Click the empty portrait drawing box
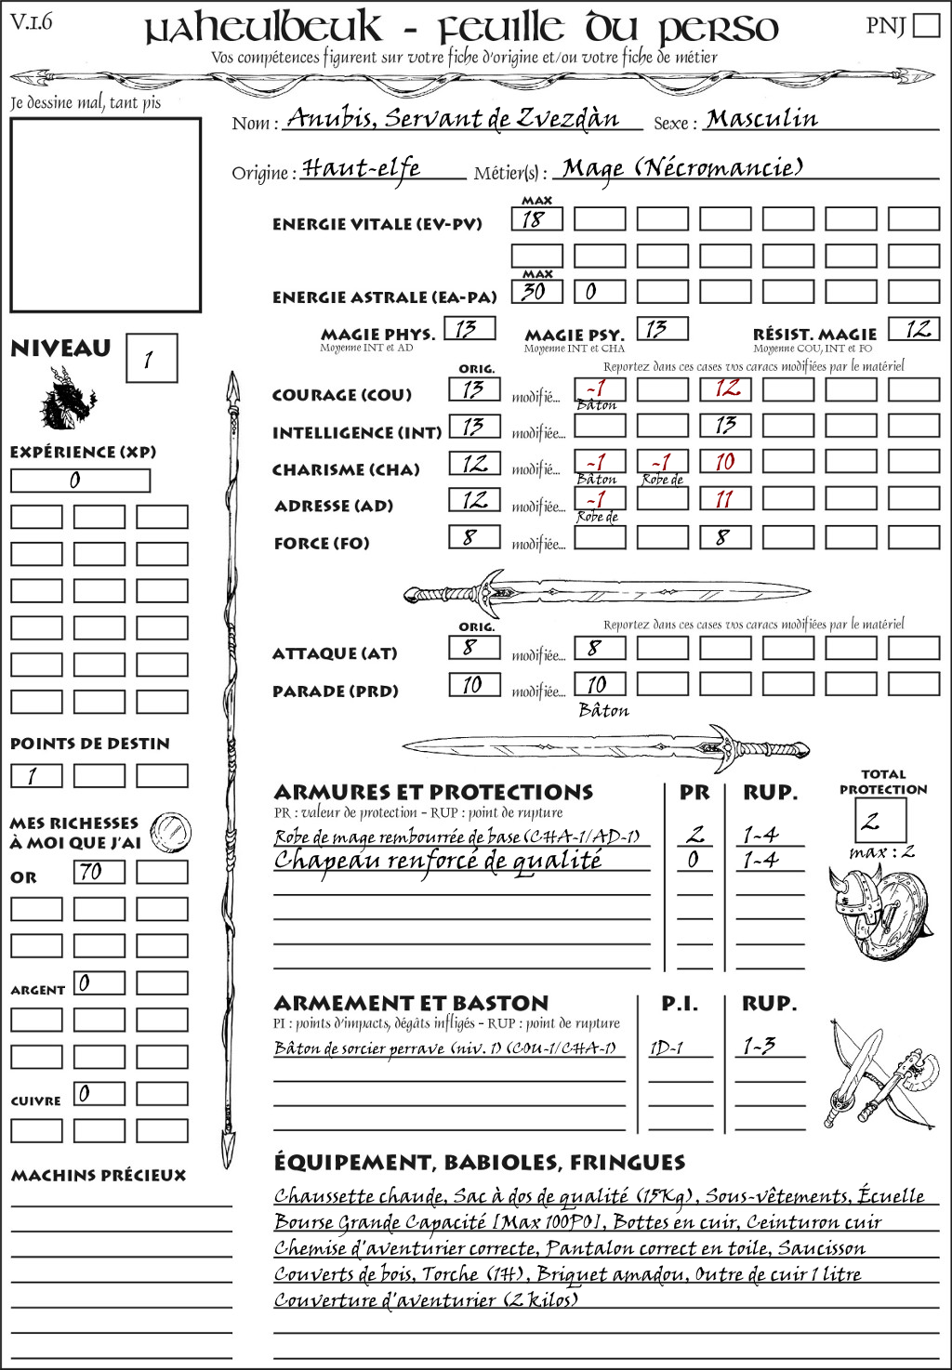click(x=105, y=215)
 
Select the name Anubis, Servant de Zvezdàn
click(x=453, y=119)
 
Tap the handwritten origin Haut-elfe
click(x=362, y=168)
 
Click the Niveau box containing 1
click(x=151, y=358)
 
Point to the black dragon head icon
click(x=67, y=399)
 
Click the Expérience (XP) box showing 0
click(x=80, y=481)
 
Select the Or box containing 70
click(x=99, y=872)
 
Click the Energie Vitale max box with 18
click(x=536, y=219)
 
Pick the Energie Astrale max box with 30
click(x=536, y=292)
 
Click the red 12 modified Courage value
click(x=725, y=389)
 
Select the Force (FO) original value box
click(x=474, y=537)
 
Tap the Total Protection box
click(x=879, y=820)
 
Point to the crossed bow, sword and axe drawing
click(x=878, y=1074)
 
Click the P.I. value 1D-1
click(x=667, y=1047)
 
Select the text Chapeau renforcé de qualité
click(x=438, y=861)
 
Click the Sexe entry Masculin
click(x=762, y=119)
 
